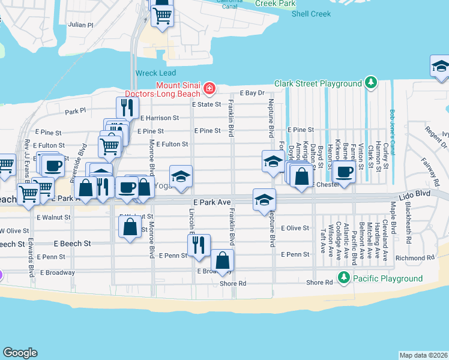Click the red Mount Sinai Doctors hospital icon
click(209, 89)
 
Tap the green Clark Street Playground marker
click(372, 82)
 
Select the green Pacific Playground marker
click(343, 278)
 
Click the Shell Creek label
click(311, 14)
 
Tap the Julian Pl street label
click(81, 25)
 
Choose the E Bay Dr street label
click(252, 93)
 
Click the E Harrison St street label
click(160, 118)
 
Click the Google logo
click(20, 352)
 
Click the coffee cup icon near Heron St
click(344, 172)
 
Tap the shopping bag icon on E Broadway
click(222, 260)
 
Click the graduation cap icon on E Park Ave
click(264, 200)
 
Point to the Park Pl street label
click(76, 111)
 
